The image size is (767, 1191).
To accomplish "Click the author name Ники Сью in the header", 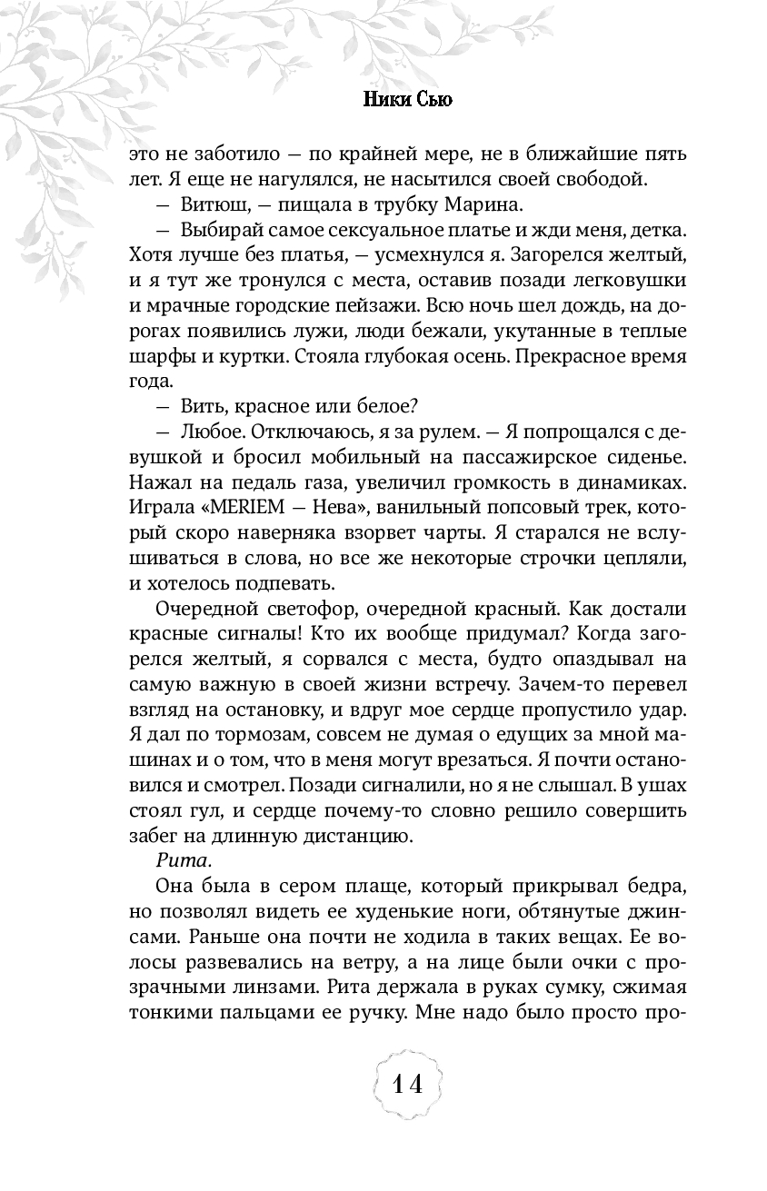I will tap(407, 100).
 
